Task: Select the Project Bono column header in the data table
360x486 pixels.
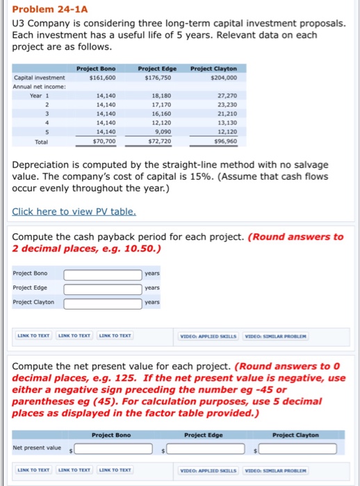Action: (x=96, y=69)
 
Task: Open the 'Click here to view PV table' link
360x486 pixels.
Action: (x=74, y=211)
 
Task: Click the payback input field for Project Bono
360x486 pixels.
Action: (x=102, y=274)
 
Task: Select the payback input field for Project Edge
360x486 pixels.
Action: (x=102, y=288)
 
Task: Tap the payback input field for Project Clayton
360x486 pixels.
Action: (x=102, y=303)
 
